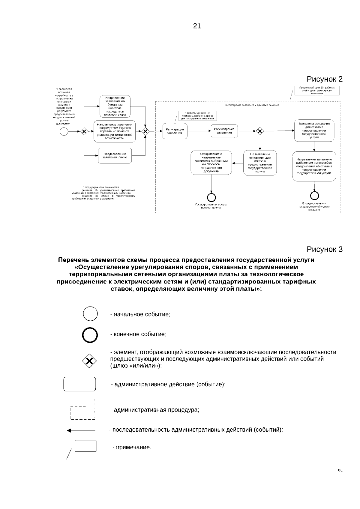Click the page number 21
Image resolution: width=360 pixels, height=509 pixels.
pos(197,26)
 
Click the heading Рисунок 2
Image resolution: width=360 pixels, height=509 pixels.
pos(324,79)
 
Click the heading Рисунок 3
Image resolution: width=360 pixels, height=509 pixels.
pos(324,249)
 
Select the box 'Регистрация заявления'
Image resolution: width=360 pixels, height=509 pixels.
pos(175,131)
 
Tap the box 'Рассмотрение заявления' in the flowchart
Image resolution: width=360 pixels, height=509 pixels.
pos(224,131)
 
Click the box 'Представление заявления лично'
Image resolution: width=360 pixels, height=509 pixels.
pos(115,156)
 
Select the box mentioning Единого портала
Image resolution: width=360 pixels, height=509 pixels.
pos(115,131)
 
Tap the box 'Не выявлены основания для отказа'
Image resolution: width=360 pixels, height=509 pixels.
pos(260,163)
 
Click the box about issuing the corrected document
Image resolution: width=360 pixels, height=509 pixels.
pos(211,163)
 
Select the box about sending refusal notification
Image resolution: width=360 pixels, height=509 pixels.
pos(314,166)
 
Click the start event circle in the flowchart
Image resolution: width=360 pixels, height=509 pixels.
pos(64,131)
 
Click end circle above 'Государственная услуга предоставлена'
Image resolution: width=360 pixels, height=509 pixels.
pos(211,197)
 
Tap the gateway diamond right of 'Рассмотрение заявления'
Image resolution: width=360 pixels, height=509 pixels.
pos(260,131)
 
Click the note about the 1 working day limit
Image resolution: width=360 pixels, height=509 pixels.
pos(197,116)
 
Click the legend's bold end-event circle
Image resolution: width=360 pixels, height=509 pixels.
pos(90,335)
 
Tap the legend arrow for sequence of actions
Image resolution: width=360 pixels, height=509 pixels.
pos(81,430)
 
